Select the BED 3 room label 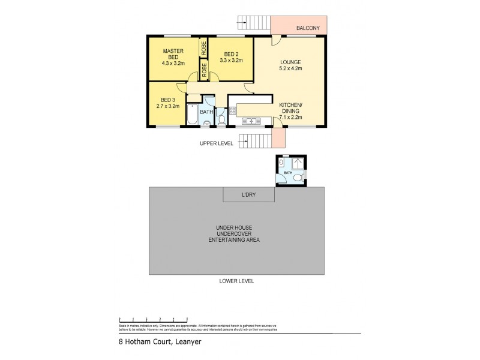pos(167,103)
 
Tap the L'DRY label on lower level pos(248,196)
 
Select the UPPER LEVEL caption pos(217,144)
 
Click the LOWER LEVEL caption pos(238,281)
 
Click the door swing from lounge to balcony pos(275,40)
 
